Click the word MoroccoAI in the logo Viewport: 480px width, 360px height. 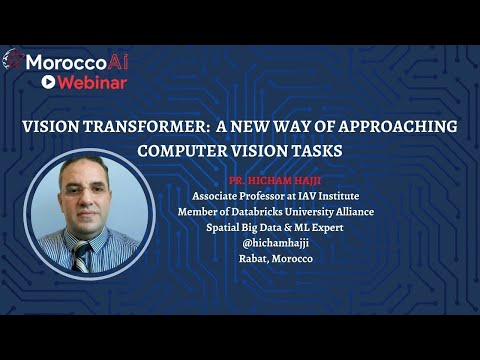[x=76, y=61]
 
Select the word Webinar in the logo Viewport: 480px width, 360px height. [x=90, y=82]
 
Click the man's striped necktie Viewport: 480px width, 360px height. [x=82, y=254]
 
